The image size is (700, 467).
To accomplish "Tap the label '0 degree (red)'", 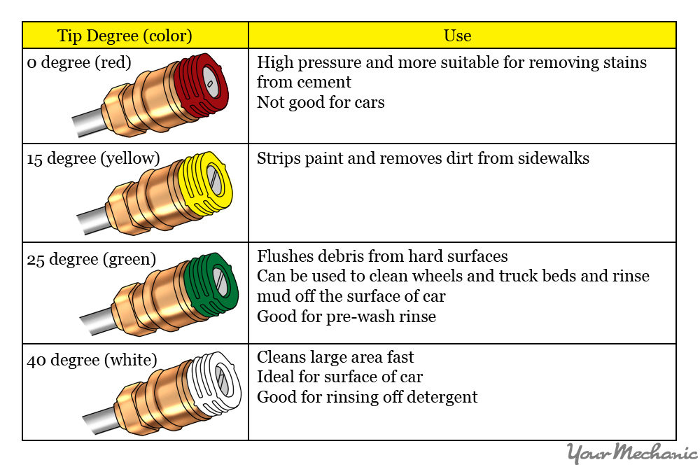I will [79, 63].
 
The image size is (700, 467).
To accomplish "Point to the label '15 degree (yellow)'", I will [93, 159].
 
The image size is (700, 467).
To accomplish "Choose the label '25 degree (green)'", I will [91, 260].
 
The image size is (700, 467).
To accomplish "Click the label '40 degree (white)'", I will [92, 361].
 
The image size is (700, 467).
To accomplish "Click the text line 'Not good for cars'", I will [321, 102].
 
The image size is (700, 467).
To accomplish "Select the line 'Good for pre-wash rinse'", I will [346, 316].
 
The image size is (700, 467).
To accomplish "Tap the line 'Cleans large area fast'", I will [335, 357].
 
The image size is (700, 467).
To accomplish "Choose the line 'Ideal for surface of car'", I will [339, 377].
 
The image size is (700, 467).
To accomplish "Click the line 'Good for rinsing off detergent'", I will [367, 398].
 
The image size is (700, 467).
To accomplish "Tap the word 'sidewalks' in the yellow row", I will [550, 158].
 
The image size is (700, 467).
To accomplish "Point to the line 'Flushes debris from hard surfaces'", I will [382, 256].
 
